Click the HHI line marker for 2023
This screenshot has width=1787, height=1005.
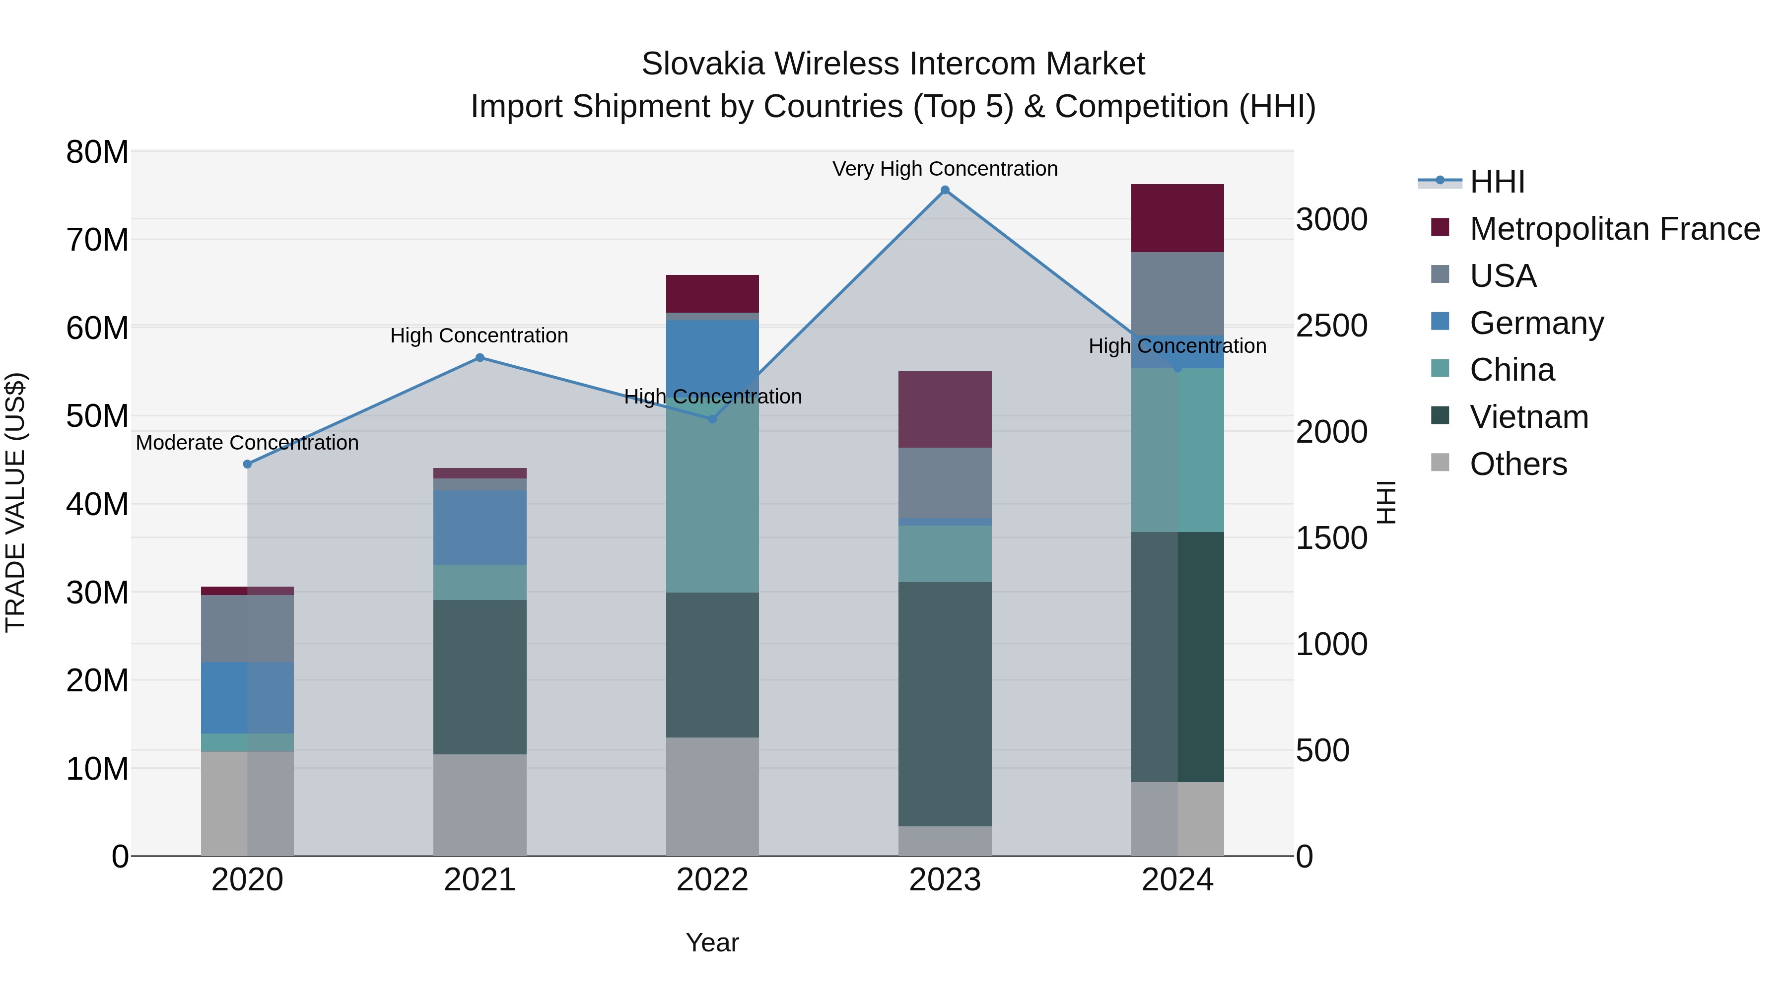pos(945,190)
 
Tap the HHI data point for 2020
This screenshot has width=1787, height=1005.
pos(248,464)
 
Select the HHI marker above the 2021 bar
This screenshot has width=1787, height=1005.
pos(480,358)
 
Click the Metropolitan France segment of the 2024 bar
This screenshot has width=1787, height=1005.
pos(1177,218)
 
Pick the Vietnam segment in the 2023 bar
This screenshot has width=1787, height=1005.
pos(945,703)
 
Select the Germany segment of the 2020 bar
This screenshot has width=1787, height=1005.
pos(247,697)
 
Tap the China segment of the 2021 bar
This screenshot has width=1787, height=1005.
pos(480,582)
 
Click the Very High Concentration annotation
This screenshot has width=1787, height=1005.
pos(945,169)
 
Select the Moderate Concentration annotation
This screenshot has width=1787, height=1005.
pos(248,443)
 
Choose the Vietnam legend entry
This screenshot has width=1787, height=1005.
pos(1528,417)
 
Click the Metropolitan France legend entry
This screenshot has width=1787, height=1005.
pos(1614,229)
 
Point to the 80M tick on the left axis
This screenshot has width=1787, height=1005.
pos(97,152)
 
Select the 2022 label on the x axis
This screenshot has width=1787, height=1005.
pos(712,880)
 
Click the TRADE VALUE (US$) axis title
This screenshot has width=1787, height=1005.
pos(15,502)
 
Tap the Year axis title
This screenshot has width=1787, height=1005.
pos(712,942)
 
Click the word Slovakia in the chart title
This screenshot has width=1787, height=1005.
pos(702,64)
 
